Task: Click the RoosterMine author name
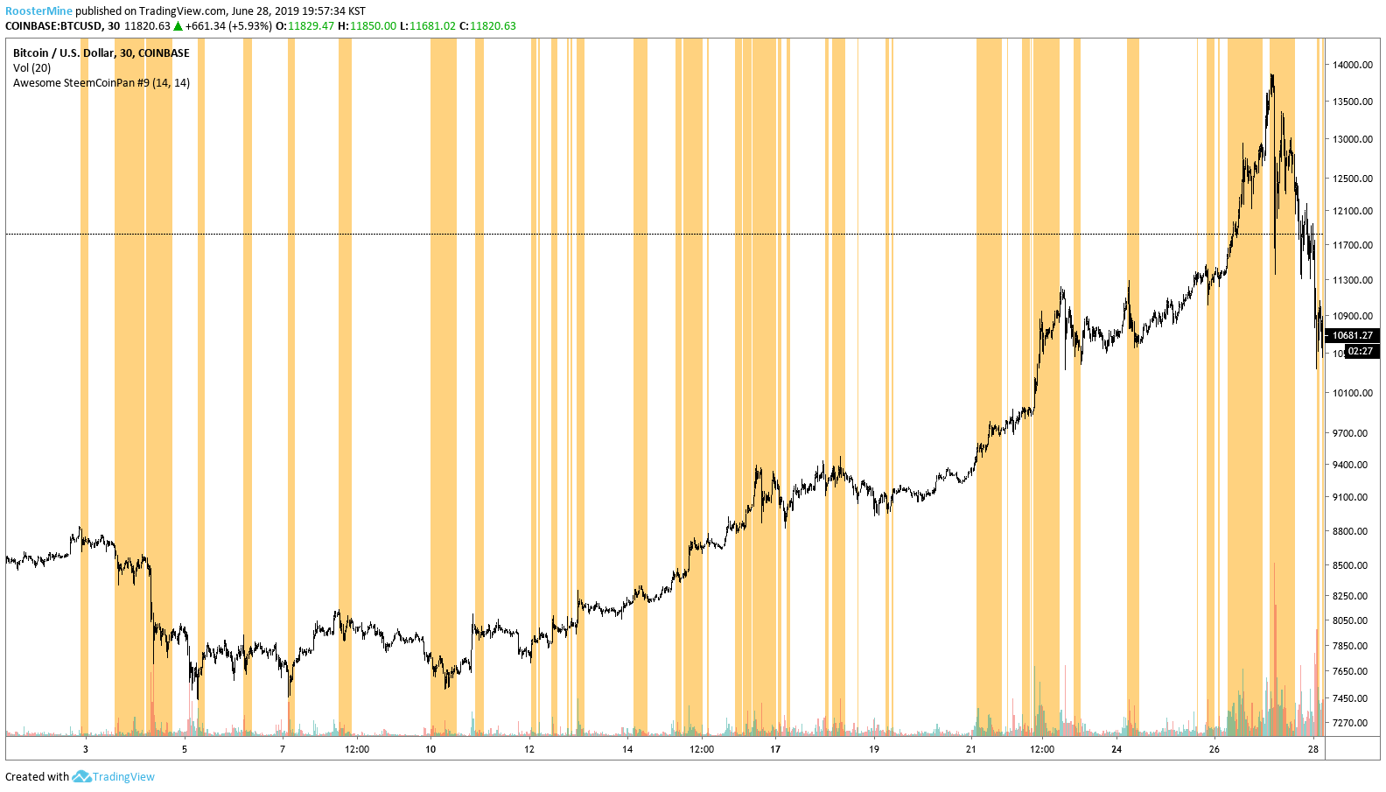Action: (38, 11)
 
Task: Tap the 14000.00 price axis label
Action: (1352, 65)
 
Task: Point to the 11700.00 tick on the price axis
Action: (1352, 245)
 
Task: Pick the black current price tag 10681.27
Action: (1352, 335)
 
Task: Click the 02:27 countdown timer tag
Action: (1360, 351)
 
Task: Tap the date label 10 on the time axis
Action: (430, 749)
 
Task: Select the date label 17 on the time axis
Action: (775, 749)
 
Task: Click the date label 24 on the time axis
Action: (1116, 749)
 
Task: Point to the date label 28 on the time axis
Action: (1313, 749)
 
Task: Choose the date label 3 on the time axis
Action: (85, 749)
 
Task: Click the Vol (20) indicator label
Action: (31, 67)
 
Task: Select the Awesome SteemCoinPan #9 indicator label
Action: (101, 83)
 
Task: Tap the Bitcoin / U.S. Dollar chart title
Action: (101, 53)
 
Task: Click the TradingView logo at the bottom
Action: (114, 776)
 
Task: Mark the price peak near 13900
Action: (1271, 75)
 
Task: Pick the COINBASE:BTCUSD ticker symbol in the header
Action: (53, 26)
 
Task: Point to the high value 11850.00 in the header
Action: (373, 26)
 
